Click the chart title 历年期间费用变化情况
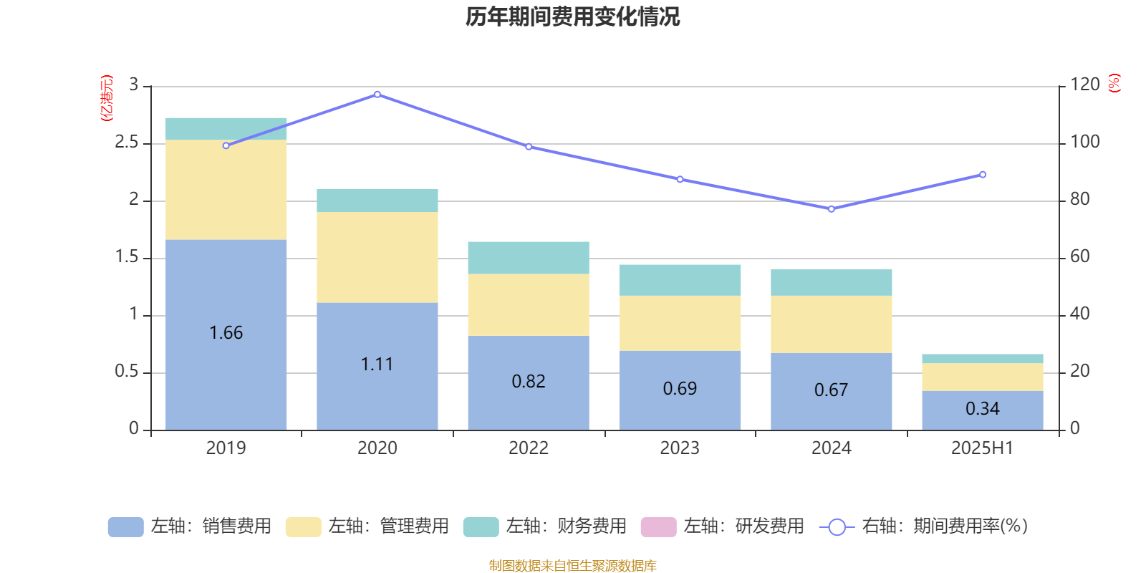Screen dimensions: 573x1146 pyautogui.click(x=572, y=16)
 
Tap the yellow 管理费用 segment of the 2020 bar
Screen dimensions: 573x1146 pyautogui.click(x=377, y=257)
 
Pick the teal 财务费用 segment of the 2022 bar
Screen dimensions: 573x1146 pyautogui.click(x=529, y=258)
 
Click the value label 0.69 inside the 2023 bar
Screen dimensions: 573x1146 pyautogui.click(x=680, y=389)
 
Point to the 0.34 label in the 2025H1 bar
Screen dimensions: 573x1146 pyautogui.click(x=982, y=409)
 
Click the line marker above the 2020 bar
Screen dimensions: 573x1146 pyautogui.click(x=377, y=95)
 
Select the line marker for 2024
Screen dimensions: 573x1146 pyautogui.click(x=832, y=209)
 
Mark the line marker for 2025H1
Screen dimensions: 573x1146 pyautogui.click(x=983, y=175)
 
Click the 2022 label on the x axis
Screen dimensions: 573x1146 pyautogui.click(x=529, y=448)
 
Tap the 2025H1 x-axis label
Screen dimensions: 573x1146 pyautogui.click(x=982, y=448)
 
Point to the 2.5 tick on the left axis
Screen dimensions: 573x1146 pyautogui.click(x=127, y=143)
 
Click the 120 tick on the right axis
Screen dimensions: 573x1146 pyautogui.click(x=1085, y=85)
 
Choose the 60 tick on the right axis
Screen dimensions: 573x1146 pyautogui.click(x=1080, y=257)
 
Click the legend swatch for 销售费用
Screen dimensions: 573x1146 pyautogui.click(x=125, y=527)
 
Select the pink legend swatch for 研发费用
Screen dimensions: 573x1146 pyautogui.click(x=658, y=527)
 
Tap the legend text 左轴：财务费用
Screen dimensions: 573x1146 pyautogui.click(x=566, y=526)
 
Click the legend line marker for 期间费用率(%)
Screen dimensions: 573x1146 pyautogui.click(x=837, y=527)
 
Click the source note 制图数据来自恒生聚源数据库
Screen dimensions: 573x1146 pyautogui.click(x=572, y=566)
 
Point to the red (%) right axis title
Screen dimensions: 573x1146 pyautogui.click(x=1114, y=84)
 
